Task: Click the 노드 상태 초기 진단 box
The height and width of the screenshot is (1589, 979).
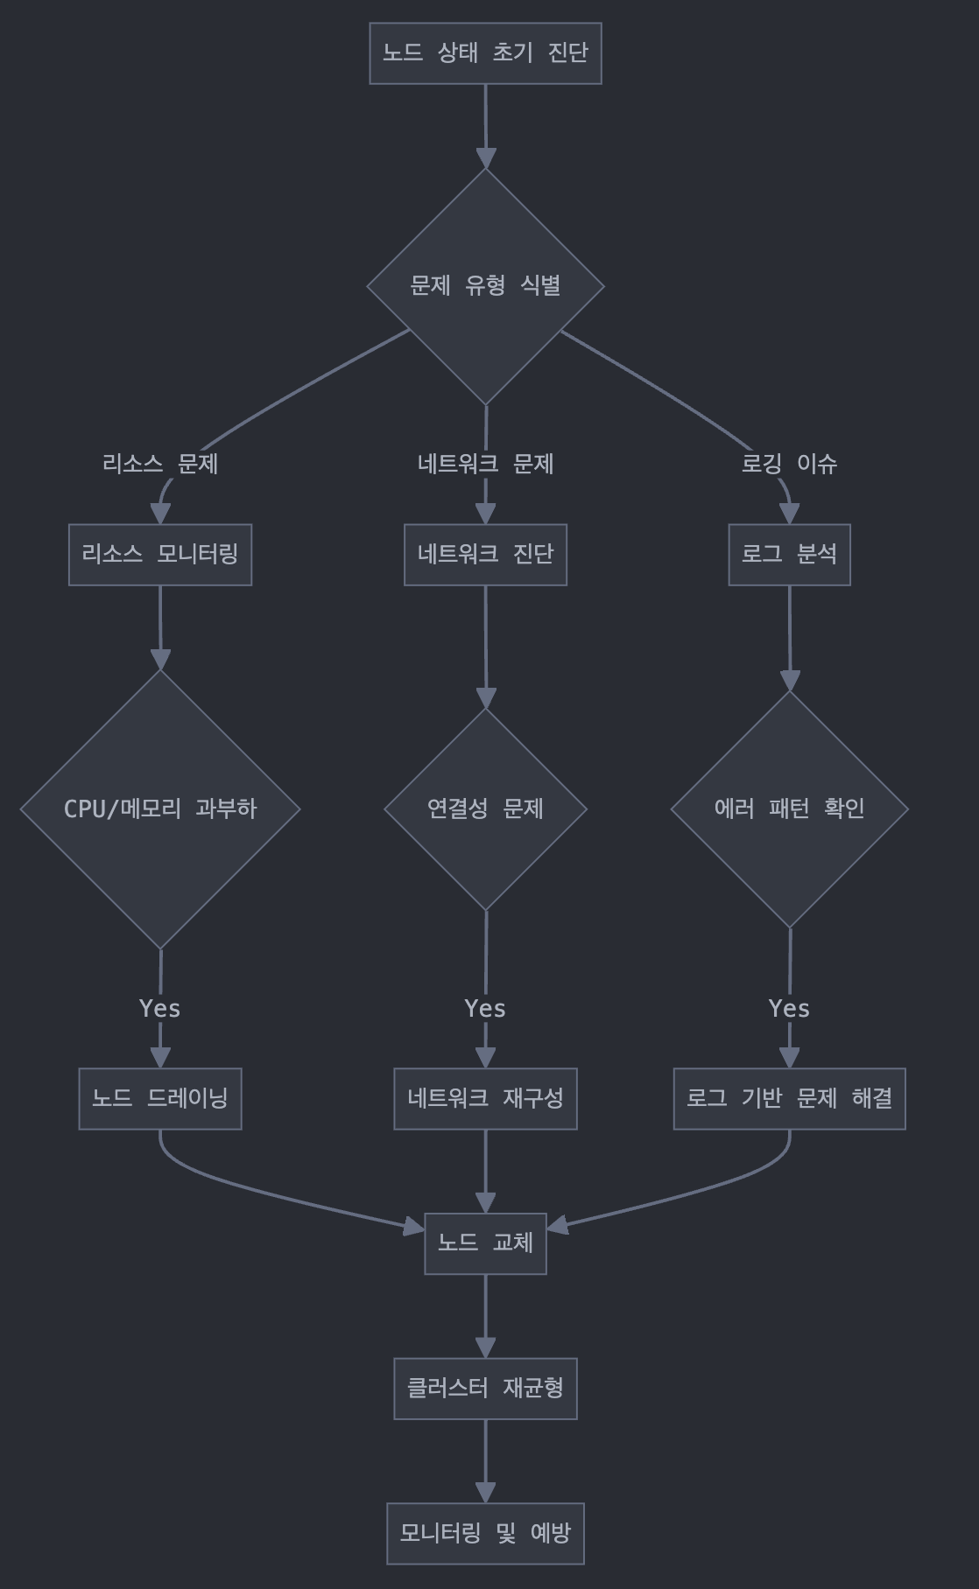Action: coord(485,53)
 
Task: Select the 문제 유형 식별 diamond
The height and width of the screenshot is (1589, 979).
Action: coord(485,285)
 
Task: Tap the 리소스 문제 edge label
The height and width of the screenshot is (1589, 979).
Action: coord(160,464)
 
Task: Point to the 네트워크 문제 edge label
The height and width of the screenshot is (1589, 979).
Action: coord(485,464)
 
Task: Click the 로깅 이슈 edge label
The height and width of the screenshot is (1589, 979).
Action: coord(789,464)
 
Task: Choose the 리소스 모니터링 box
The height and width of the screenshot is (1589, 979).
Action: coord(160,555)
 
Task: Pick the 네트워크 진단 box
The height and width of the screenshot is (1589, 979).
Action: coord(485,555)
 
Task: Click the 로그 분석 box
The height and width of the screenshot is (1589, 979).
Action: coord(789,555)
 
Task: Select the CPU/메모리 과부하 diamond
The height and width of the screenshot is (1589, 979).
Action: coord(160,808)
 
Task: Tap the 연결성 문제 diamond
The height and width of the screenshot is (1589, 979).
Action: coord(485,808)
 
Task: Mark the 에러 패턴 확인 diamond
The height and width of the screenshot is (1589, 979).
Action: coord(789,808)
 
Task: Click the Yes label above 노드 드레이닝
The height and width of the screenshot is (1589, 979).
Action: coord(160,1009)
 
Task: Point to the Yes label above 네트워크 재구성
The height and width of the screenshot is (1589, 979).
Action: coord(485,1009)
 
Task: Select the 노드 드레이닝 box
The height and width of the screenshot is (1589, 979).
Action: coord(160,1099)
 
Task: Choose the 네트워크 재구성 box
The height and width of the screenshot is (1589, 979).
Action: coord(485,1099)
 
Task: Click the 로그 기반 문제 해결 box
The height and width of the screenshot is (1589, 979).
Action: coord(789,1099)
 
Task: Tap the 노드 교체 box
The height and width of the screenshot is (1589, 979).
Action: coord(485,1243)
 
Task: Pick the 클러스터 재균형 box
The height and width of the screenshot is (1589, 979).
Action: coord(485,1389)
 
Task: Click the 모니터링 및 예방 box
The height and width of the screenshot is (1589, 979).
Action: coord(485,1534)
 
